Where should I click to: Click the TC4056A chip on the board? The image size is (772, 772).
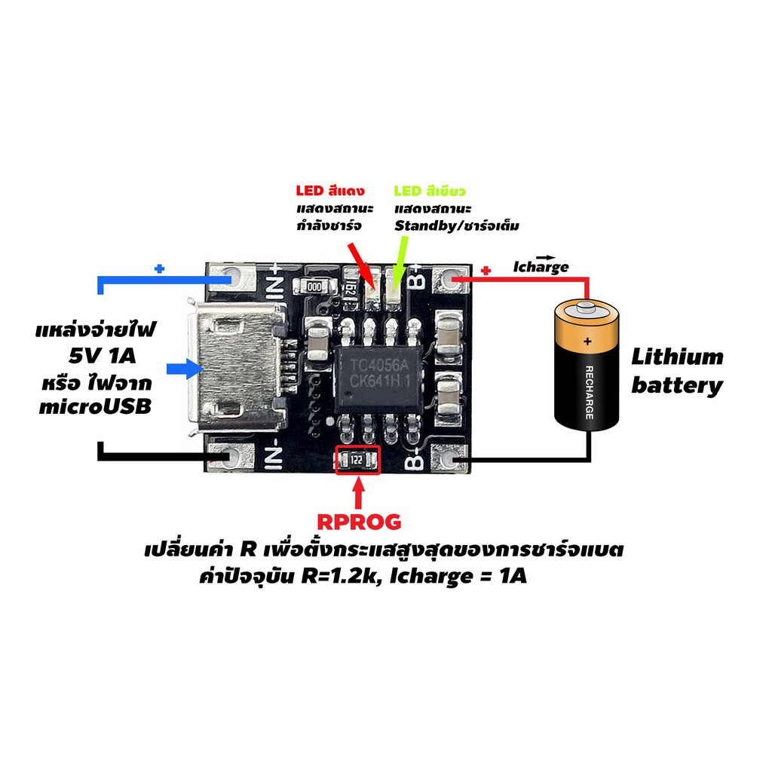[378, 380]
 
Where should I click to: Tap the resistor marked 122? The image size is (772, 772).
[357, 461]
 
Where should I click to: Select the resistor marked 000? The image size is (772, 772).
[314, 286]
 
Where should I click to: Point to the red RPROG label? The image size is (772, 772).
[359, 522]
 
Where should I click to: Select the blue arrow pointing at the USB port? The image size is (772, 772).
[185, 369]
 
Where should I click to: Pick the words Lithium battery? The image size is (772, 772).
[678, 371]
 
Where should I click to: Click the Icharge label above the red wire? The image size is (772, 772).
[541, 266]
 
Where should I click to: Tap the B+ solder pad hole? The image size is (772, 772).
[449, 279]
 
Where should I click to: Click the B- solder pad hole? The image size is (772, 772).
[449, 459]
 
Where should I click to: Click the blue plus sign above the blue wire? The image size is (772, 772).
[159, 269]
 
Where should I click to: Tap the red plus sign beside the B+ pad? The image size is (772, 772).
[486, 271]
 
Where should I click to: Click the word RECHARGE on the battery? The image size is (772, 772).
[589, 392]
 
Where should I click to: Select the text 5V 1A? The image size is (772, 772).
[102, 356]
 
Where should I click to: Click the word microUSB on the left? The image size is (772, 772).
[95, 407]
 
